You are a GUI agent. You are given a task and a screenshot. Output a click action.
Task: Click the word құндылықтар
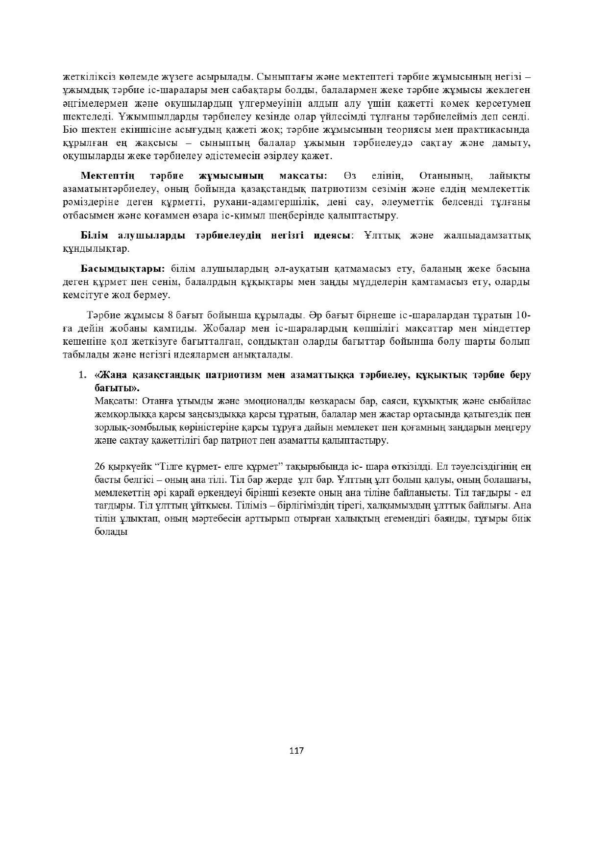click(96, 249)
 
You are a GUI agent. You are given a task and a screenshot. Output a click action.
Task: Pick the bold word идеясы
click(332, 236)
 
